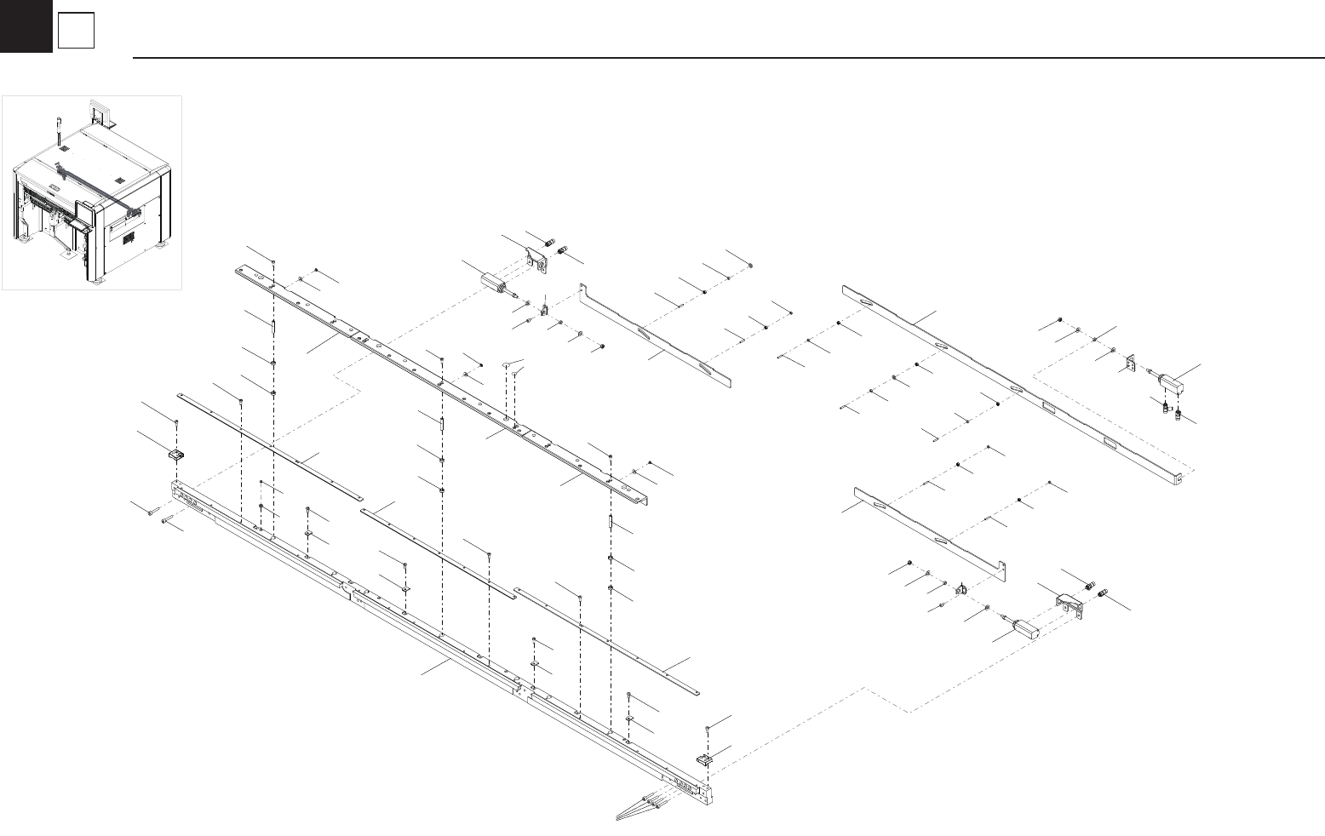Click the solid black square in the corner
(26, 26)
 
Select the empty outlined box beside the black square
(76, 32)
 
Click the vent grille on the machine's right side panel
(129, 239)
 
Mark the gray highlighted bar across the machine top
(94, 182)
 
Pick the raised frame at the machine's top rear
(101, 112)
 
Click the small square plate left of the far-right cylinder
(1132, 364)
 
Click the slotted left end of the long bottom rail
(192, 497)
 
